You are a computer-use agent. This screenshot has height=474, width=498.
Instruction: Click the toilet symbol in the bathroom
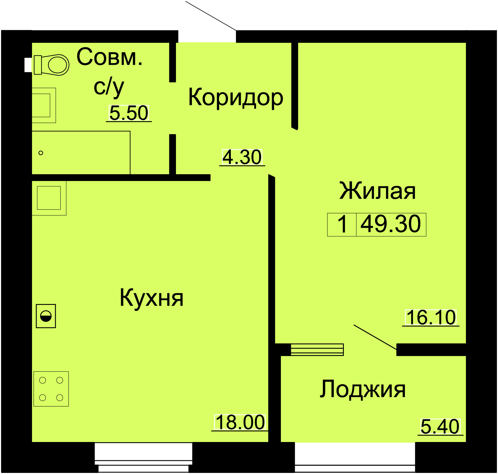coord(51,65)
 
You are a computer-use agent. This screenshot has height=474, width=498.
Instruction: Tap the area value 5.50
coord(129,113)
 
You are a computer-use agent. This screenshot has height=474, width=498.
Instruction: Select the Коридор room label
coord(236,97)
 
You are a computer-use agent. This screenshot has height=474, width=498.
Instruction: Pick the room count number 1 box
coord(342,224)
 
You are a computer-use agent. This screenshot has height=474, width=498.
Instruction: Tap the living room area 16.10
coord(431,317)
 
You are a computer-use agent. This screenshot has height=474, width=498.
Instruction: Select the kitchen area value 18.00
coord(240,422)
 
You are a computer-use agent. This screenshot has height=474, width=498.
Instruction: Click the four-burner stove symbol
coord(51,389)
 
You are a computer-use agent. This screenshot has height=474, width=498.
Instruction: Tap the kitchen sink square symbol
coord(49,198)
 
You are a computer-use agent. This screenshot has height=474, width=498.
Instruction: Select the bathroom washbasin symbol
coord(44,105)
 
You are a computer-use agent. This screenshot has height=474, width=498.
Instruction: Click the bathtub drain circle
coord(41,153)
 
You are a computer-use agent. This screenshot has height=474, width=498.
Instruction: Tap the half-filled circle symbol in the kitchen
coord(46,316)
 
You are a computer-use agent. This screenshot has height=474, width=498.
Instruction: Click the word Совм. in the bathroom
coord(110,57)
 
